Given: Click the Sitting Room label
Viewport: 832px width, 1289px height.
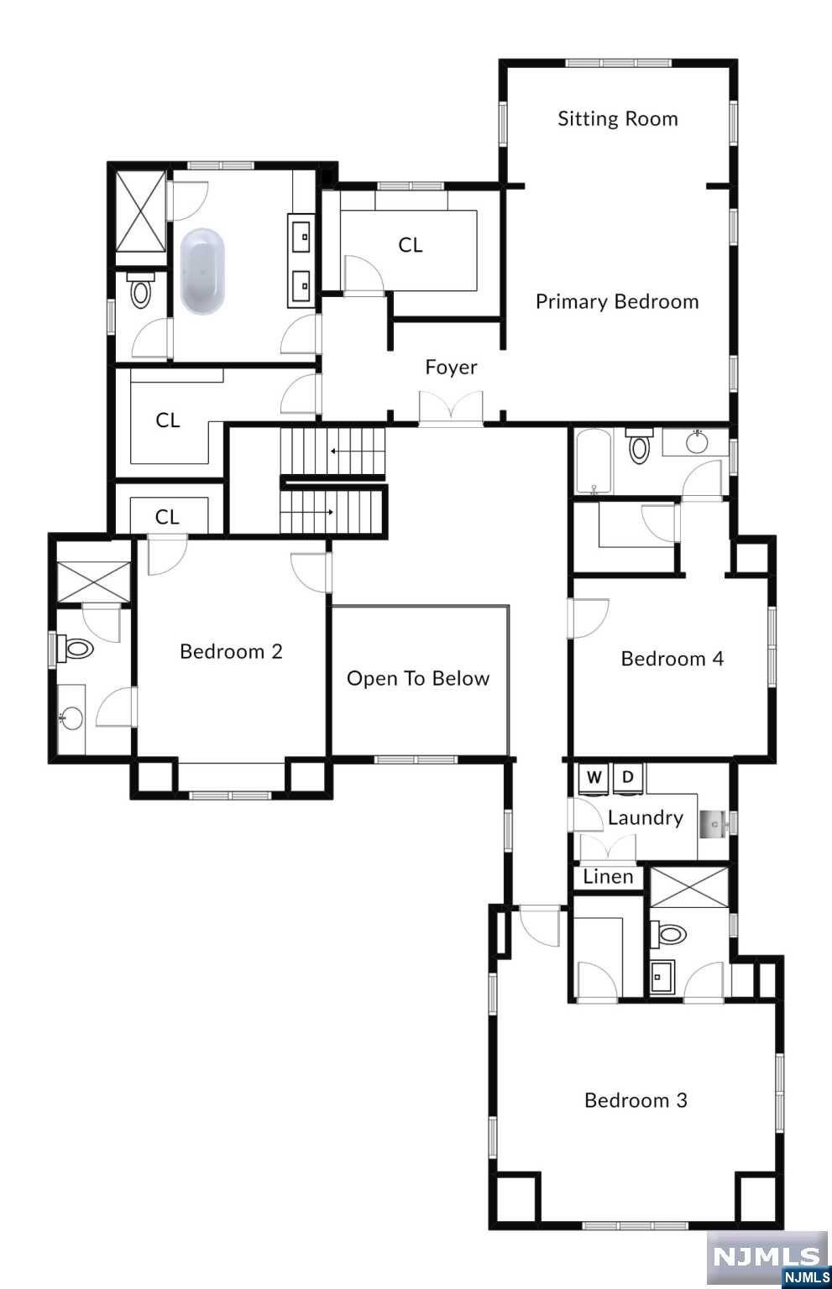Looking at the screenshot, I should [618, 119].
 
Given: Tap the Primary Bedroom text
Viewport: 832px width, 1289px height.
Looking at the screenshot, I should [617, 302].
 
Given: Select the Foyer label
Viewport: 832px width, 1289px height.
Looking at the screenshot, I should [451, 368].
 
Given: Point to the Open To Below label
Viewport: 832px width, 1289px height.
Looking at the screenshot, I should [418, 679].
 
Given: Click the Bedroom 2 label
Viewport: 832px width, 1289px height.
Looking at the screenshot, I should [231, 652].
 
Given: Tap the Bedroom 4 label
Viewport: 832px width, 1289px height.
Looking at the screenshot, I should [672, 660].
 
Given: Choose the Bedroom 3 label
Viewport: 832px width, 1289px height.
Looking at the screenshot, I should [636, 1101].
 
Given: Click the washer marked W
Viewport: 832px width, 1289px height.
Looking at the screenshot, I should [594, 778].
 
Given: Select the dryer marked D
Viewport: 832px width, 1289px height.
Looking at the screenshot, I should [628, 778].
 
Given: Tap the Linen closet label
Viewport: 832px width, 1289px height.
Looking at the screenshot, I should [608, 877].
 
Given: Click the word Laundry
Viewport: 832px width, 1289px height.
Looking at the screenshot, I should [645, 818].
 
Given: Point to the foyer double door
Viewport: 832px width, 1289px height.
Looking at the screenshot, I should [452, 410].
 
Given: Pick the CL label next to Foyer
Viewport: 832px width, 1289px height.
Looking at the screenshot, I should [411, 245].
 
